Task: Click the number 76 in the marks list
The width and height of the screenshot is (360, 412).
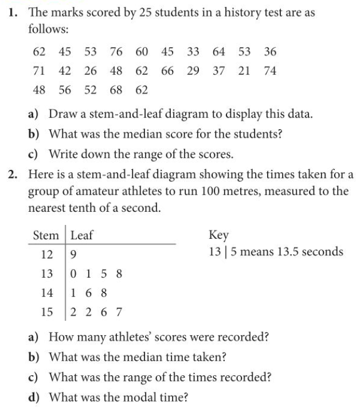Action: point(116,52)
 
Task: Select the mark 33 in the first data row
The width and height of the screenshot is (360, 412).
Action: point(193,52)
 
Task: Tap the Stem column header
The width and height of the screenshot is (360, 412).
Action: point(46,235)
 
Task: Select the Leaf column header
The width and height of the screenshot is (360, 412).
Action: point(83,235)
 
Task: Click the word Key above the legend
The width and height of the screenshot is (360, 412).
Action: point(219,235)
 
